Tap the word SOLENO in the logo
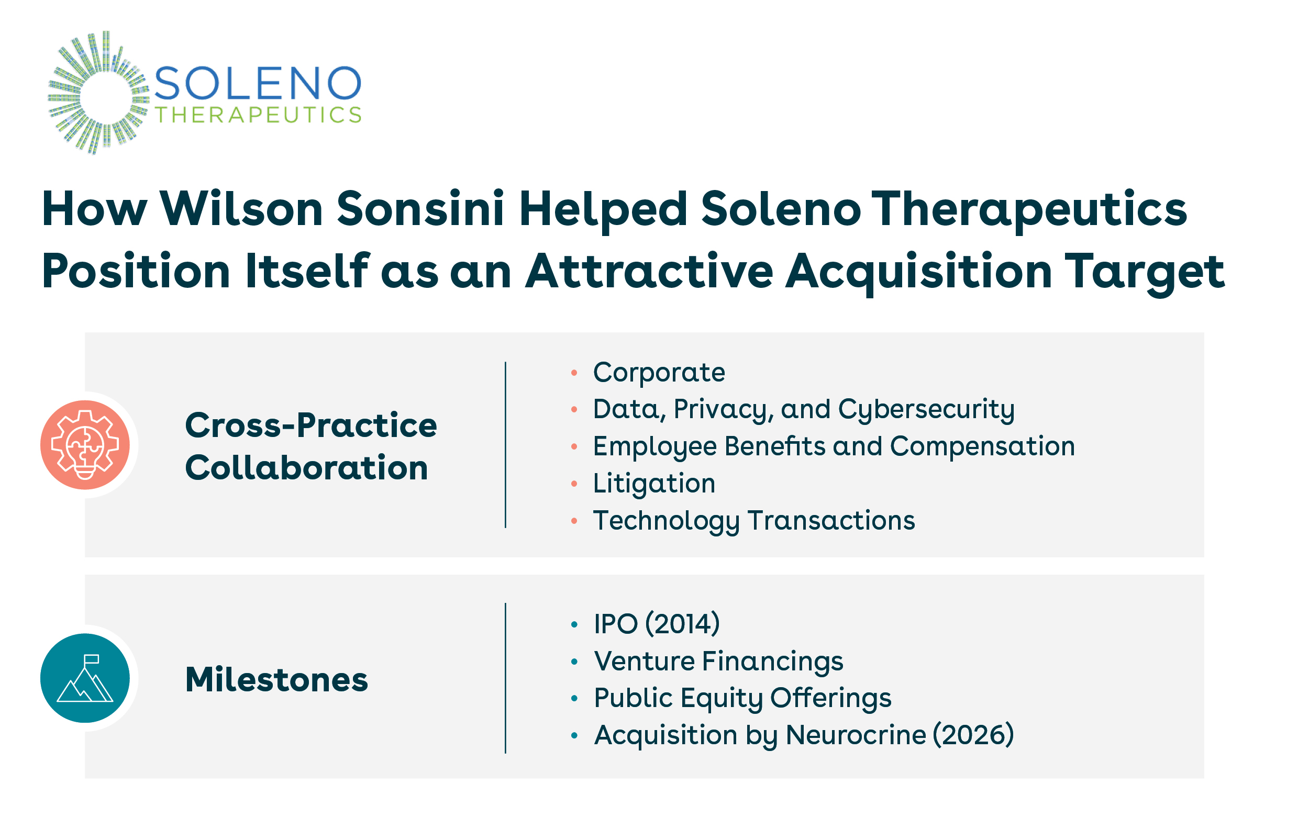click(x=258, y=83)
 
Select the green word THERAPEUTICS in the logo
click(x=258, y=115)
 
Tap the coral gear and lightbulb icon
click(x=85, y=445)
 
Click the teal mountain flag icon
click(x=85, y=678)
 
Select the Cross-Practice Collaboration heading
click(x=310, y=446)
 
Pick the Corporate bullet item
click(x=659, y=373)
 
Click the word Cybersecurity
click(x=926, y=410)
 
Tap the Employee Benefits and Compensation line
click(x=834, y=447)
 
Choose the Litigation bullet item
click(x=654, y=483)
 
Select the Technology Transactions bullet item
click(x=754, y=520)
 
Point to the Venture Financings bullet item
click(x=718, y=661)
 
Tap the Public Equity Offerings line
click(x=742, y=699)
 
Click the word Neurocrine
click(x=856, y=735)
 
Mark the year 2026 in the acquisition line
click(x=973, y=735)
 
